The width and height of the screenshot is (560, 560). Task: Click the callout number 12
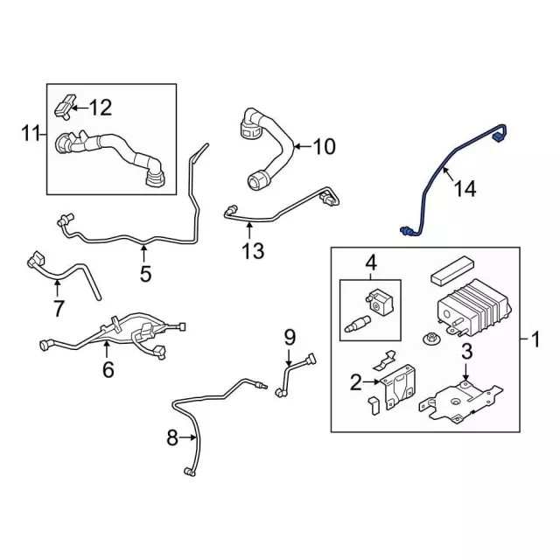point(101,108)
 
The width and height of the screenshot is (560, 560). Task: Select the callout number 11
point(31,134)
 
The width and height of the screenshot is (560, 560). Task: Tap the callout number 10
point(323,146)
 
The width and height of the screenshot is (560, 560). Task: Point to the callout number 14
point(465,188)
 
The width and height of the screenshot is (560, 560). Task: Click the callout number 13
point(252,252)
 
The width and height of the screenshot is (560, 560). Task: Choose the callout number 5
point(145,274)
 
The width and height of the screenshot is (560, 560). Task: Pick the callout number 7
point(59,308)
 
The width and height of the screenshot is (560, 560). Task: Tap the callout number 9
point(290,336)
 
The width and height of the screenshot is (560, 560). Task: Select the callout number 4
point(370,262)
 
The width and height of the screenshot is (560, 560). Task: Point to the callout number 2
point(355,381)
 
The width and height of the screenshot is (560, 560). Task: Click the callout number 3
point(466,352)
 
